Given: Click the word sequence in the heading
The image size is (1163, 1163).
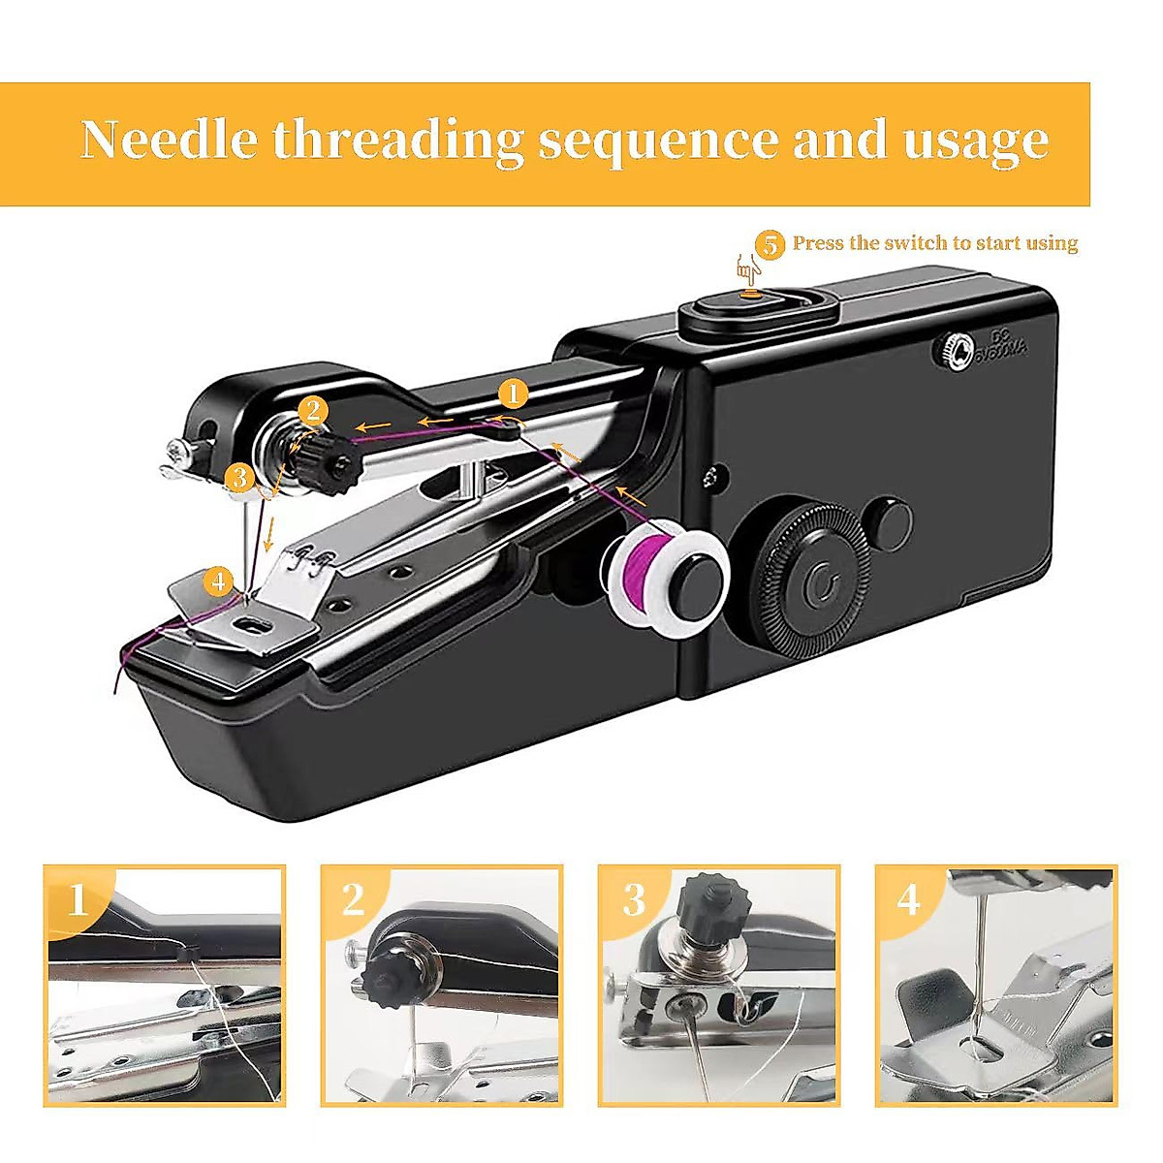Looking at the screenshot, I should pos(657,140).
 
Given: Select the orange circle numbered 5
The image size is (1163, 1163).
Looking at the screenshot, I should pos(770,244).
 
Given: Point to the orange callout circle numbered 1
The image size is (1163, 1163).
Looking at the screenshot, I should pos(513,393).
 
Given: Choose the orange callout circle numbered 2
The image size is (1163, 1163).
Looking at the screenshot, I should pos(312,411).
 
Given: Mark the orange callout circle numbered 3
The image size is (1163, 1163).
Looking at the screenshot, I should pos(239,477).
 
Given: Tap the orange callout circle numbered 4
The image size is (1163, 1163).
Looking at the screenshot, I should pos(219,581).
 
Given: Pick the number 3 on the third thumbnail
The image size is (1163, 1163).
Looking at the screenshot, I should pos(633,900).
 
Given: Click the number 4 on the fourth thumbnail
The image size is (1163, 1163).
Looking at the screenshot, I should pos(909,900).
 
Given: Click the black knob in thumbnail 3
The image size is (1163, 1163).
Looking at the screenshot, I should pos(715,904).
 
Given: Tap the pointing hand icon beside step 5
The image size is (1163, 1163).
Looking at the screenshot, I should pos(747,267).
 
